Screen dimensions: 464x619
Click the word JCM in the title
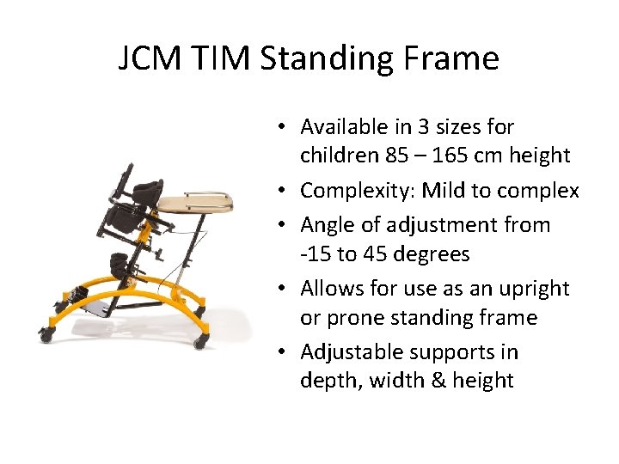[150, 59]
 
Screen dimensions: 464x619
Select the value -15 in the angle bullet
[316, 254]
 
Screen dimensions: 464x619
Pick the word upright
[535, 289]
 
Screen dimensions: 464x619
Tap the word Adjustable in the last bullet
[352, 352]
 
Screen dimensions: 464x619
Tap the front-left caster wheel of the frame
[45, 333]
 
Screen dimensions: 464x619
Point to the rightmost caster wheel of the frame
[202, 341]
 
